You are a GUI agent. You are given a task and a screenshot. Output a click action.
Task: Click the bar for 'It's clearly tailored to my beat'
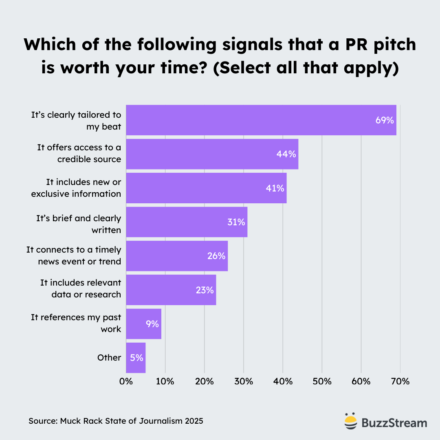point(261,120)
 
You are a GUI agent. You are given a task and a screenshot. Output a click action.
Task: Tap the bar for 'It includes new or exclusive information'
point(206,188)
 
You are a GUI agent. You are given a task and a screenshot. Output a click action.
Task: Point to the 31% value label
point(236,222)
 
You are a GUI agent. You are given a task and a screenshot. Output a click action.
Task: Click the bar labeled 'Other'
point(136,358)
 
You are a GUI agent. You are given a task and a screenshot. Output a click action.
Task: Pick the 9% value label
point(152,324)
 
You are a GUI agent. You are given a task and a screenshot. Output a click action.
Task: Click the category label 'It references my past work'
point(76,323)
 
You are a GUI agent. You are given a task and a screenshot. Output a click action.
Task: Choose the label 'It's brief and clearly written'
point(79,224)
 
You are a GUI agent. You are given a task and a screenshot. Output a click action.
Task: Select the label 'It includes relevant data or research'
point(81,288)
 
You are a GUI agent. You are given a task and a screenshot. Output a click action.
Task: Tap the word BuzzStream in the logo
point(394,422)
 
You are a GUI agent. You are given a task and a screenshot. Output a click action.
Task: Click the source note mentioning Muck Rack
point(116,421)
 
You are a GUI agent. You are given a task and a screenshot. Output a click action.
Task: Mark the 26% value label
point(216,256)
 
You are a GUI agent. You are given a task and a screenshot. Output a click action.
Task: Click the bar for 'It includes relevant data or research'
point(171,290)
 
